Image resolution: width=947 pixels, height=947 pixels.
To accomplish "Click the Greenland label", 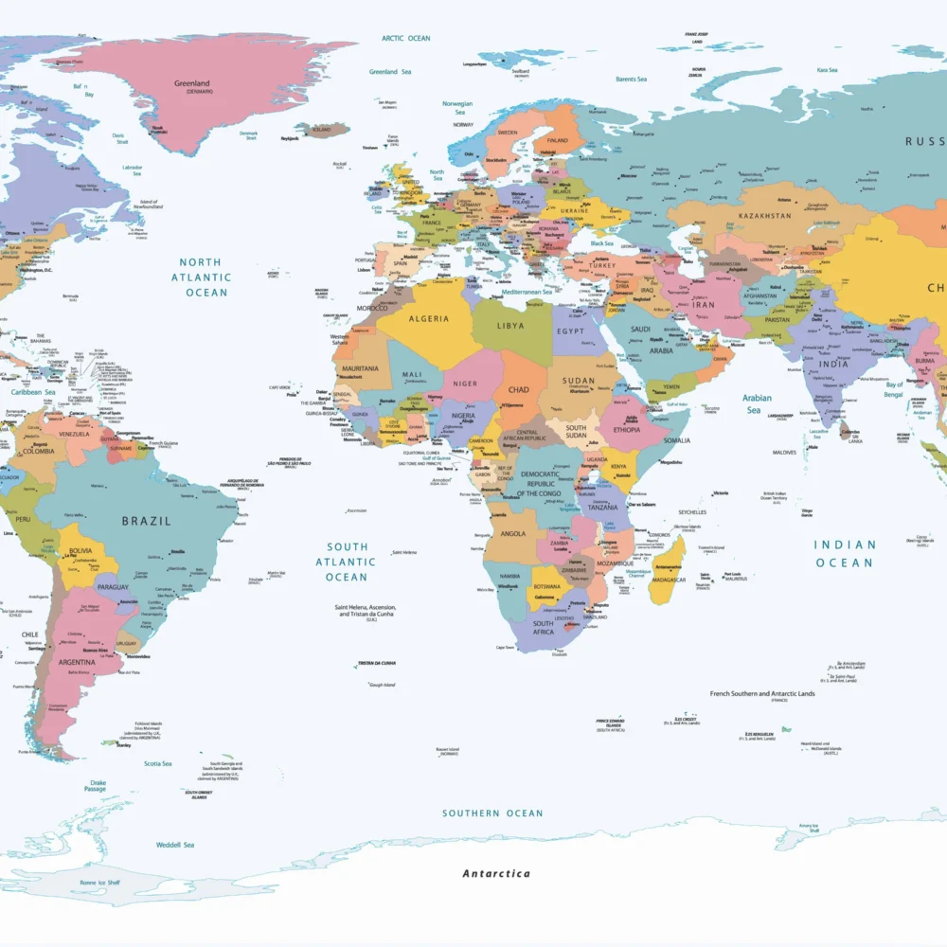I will (x=191, y=83).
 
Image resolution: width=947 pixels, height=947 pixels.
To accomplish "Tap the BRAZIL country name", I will (x=147, y=521).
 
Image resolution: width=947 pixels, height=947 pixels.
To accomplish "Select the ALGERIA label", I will (x=428, y=319).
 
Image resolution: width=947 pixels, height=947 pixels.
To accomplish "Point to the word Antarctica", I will (x=496, y=873).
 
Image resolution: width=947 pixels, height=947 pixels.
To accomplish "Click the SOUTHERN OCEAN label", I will (x=492, y=813).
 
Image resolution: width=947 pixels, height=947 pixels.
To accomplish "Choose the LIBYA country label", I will (x=510, y=326).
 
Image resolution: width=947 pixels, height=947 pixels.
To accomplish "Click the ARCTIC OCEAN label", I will (x=405, y=39).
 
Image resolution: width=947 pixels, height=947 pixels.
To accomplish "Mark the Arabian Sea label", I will (x=757, y=403).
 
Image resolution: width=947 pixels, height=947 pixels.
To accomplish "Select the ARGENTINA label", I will (x=77, y=662).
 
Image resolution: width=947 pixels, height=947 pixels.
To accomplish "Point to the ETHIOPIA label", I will (x=626, y=429).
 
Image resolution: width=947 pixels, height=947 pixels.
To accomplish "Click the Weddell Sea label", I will (x=175, y=844).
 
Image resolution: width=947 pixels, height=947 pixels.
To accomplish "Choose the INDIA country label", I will (x=833, y=364).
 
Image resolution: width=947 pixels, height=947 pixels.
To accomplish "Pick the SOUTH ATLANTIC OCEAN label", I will (x=347, y=562).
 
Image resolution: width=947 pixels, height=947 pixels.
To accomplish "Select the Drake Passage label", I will (x=95, y=785).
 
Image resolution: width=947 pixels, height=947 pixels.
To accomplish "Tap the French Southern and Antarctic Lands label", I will (x=761, y=694).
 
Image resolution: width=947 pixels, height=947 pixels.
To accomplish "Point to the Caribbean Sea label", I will (x=33, y=391).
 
